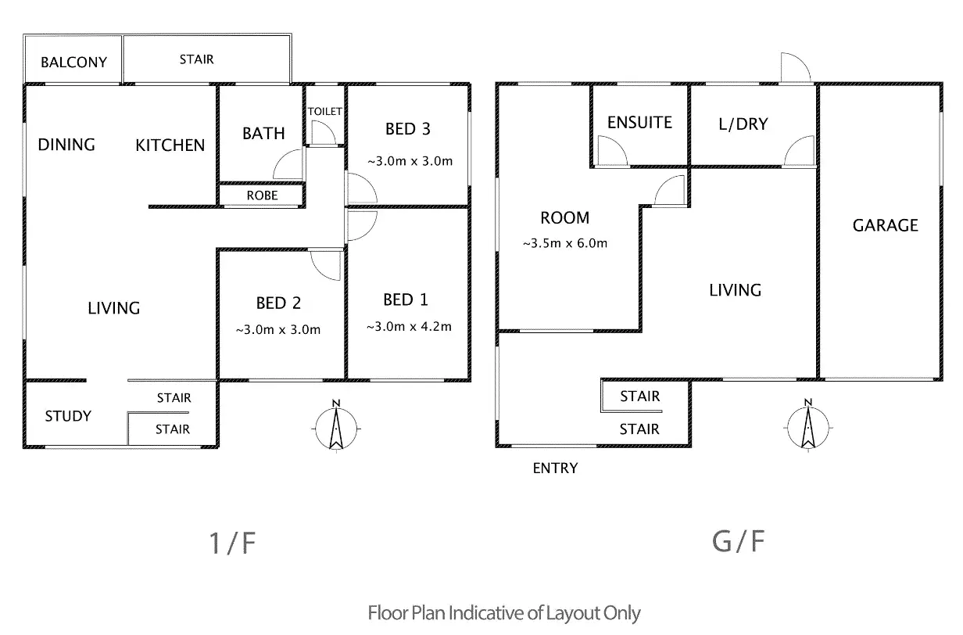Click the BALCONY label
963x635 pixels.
(x=73, y=62)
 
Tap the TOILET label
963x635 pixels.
(x=324, y=112)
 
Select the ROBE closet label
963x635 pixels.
(x=262, y=196)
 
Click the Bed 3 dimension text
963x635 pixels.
(x=410, y=162)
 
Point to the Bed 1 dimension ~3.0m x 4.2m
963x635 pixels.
(x=408, y=327)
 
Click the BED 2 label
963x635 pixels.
(x=278, y=303)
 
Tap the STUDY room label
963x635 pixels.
(x=68, y=416)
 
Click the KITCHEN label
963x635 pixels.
(x=170, y=145)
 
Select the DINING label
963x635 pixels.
(x=66, y=145)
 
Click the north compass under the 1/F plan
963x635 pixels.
(x=335, y=428)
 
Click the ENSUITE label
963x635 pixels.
(x=639, y=122)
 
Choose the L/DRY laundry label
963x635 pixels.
(x=743, y=124)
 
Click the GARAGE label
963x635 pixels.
(x=885, y=225)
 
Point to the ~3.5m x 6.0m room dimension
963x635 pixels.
(x=564, y=243)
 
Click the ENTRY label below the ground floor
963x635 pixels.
(x=555, y=468)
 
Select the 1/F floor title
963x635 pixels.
(x=233, y=544)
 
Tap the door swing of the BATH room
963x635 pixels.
(x=288, y=165)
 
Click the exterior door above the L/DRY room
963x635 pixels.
(x=793, y=67)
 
